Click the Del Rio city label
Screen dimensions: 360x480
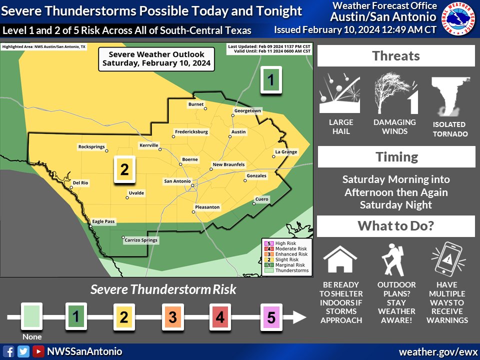[x=80, y=183]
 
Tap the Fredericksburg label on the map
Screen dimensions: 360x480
[x=191, y=132]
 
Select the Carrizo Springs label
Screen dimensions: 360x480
[x=140, y=240]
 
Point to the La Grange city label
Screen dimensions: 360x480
[x=286, y=152]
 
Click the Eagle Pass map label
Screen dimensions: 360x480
[x=103, y=221]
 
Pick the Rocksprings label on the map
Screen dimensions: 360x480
[x=92, y=147]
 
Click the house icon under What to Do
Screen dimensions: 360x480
[x=340, y=259]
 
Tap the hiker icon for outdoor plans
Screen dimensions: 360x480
[x=393, y=259]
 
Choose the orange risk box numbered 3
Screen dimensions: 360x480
[x=172, y=316]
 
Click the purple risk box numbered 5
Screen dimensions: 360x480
[x=270, y=316]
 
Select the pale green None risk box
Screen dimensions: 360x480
[x=31, y=316]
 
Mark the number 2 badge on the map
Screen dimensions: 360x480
[x=124, y=169]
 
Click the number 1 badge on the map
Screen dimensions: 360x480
[x=271, y=80]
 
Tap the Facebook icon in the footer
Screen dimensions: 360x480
[x=9, y=351]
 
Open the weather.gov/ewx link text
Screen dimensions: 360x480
[x=438, y=352]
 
